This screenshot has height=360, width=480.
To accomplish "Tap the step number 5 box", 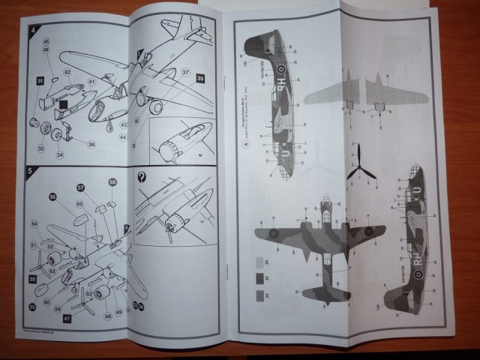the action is [31, 169].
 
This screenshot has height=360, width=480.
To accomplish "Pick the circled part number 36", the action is [91, 144].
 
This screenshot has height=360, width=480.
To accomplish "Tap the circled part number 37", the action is [184, 73].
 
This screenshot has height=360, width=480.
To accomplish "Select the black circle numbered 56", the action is [53, 196].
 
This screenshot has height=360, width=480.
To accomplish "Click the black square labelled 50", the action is [32, 279].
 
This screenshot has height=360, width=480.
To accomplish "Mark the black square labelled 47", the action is [67, 318].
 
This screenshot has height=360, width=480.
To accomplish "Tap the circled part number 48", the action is [107, 316].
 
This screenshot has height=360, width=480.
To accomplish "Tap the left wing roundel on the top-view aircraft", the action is [274, 232].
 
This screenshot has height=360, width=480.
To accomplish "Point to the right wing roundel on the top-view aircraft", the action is [368, 231].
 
